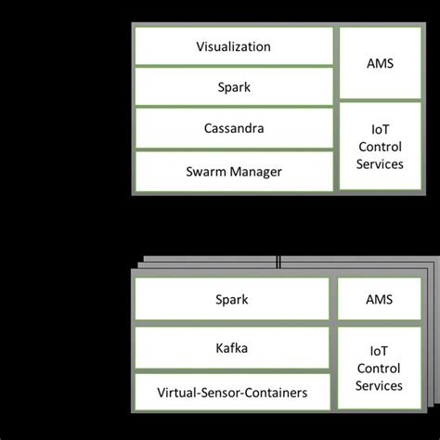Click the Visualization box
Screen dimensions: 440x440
click(x=234, y=45)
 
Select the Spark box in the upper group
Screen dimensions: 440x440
click(x=234, y=88)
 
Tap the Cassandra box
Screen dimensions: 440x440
click(x=234, y=129)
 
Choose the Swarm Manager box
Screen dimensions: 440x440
click(x=234, y=172)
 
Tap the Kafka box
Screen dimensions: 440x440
click(x=234, y=348)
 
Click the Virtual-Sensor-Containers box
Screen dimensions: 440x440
click(x=234, y=393)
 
